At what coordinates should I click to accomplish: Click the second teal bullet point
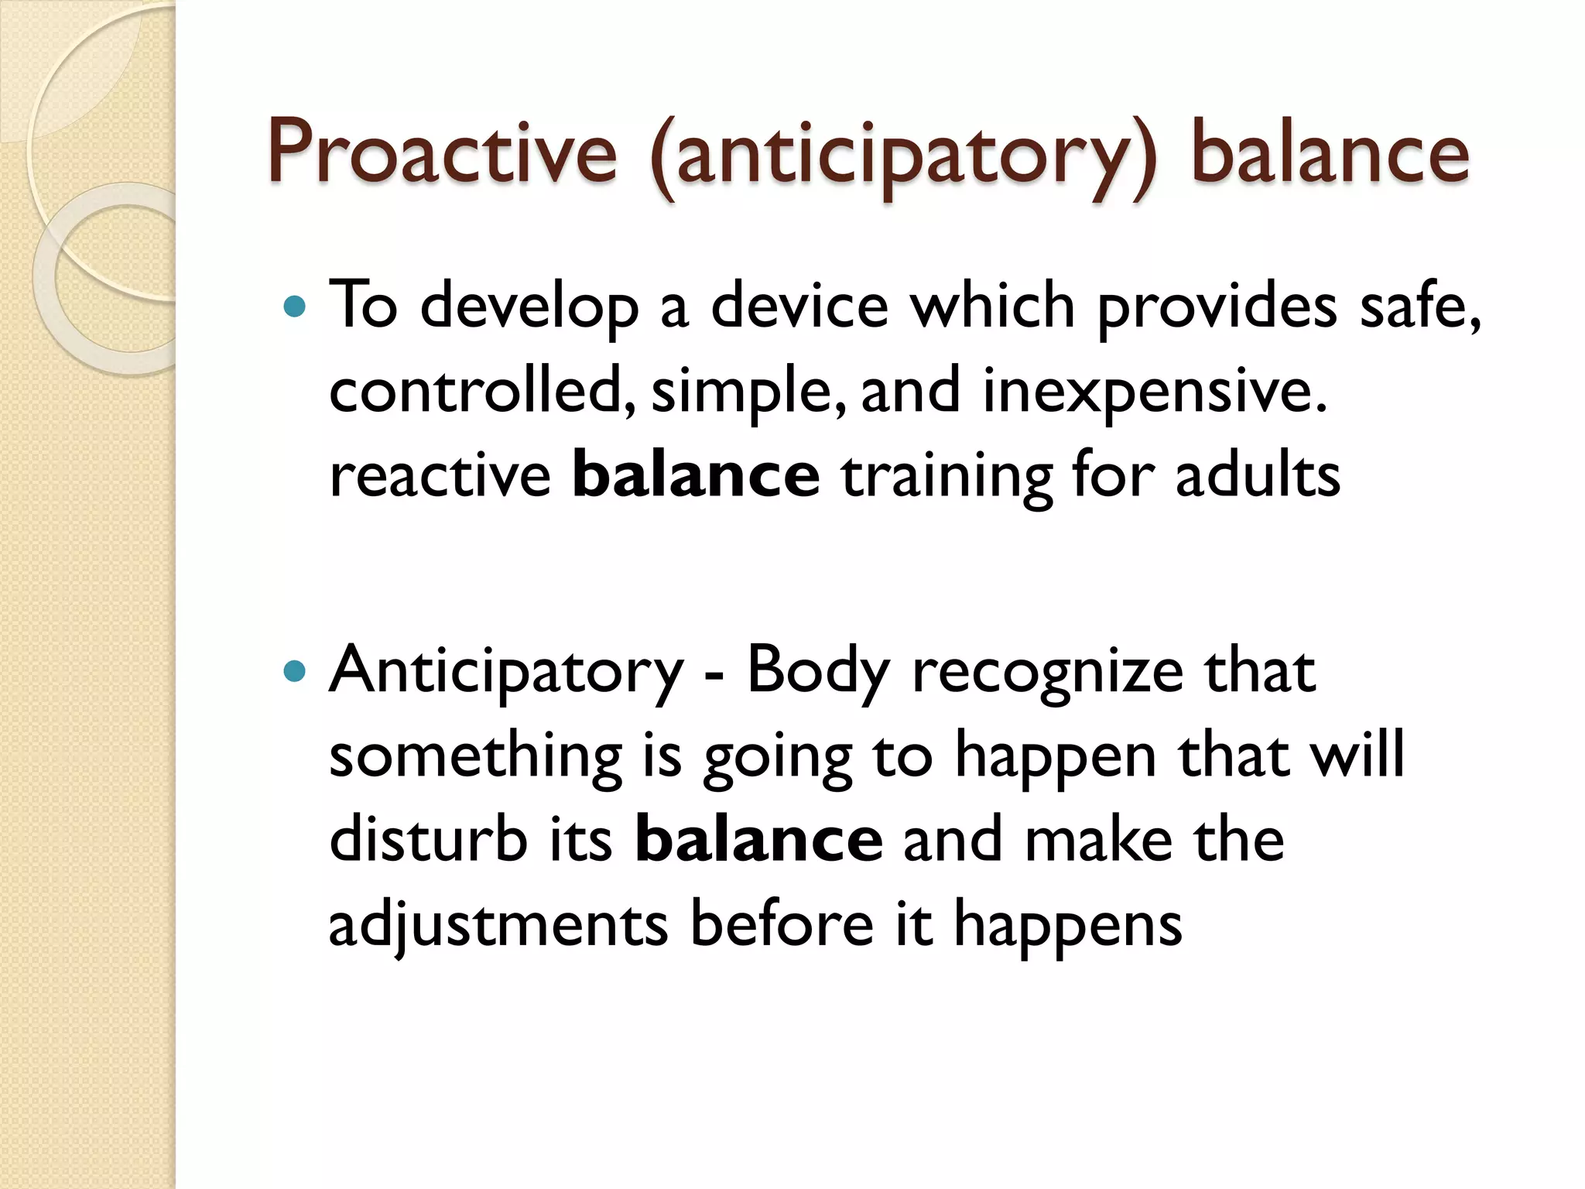pos(296,671)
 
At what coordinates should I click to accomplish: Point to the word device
pos(799,306)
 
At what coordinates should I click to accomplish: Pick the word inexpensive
pos(1154,392)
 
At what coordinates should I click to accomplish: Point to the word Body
pos(817,671)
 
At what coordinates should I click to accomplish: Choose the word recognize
pos(1048,671)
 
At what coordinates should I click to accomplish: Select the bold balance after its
pos(758,840)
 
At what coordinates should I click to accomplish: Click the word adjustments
pos(498,925)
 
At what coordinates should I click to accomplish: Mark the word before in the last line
pos(782,923)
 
